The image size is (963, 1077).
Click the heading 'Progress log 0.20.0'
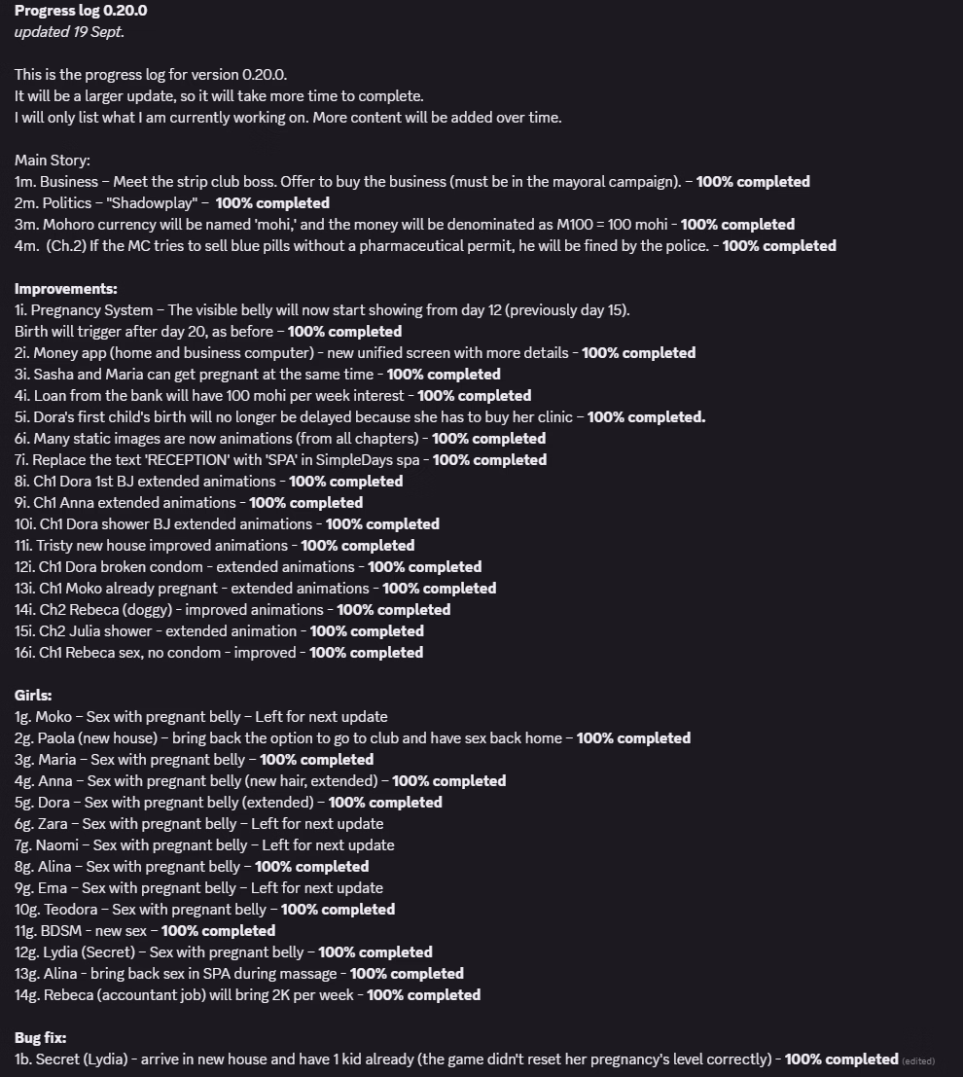tap(81, 11)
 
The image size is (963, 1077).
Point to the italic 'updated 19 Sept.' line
tap(69, 32)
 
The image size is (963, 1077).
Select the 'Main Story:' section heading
tap(52, 161)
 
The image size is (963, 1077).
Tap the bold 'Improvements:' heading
tap(65, 289)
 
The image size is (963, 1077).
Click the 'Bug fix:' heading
tap(40, 1038)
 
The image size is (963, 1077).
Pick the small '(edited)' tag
tap(918, 1060)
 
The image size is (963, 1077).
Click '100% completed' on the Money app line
tap(638, 353)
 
